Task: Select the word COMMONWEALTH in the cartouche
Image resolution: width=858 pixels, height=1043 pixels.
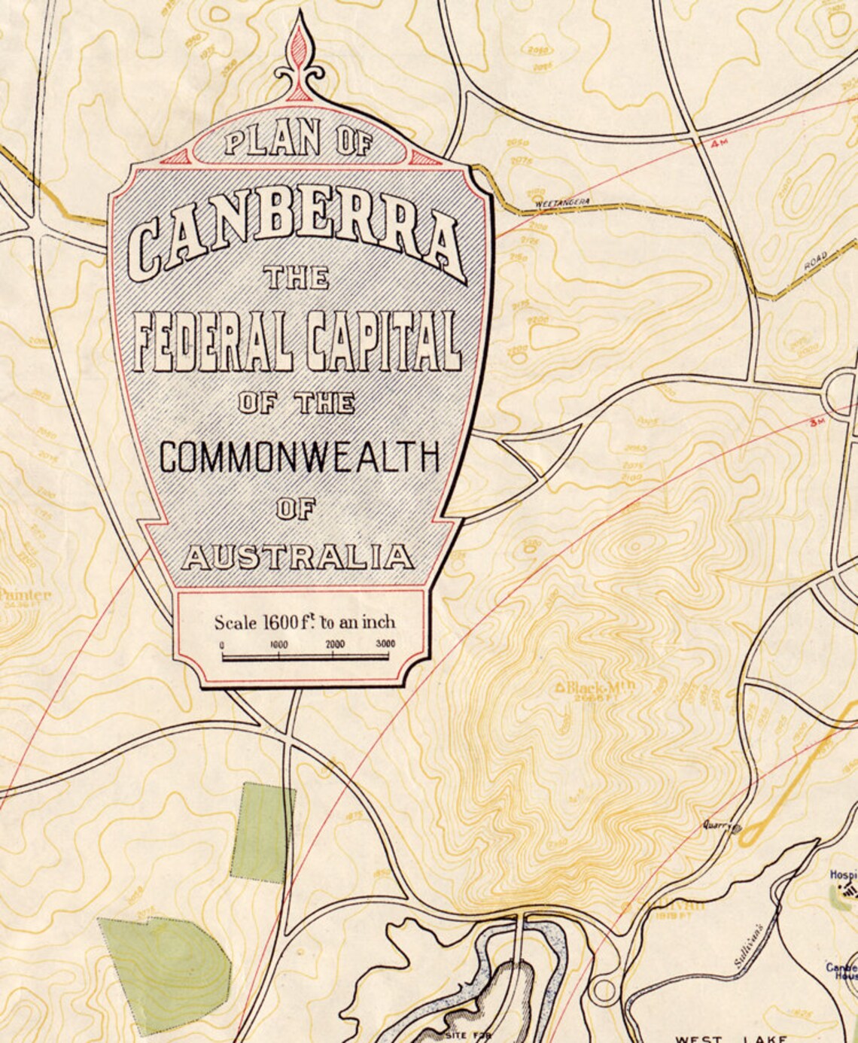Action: point(299,456)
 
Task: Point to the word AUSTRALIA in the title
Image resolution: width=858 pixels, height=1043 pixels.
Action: point(298,558)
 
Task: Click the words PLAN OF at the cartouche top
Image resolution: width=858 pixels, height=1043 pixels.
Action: point(298,141)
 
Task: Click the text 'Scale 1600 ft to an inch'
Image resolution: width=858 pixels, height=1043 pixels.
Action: point(304,622)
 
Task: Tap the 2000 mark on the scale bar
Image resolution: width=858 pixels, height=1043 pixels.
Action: point(335,645)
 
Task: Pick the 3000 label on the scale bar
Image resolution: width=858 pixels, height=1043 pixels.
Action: point(385,645)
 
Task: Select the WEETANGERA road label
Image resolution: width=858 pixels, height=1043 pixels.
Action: point(562,202)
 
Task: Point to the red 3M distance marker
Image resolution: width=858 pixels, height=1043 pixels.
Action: point(817,422)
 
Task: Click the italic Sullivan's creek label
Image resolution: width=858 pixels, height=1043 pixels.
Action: point(749,945)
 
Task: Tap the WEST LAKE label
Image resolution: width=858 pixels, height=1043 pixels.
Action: point(730,1038)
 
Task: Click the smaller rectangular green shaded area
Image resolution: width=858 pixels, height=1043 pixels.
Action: point(262,832)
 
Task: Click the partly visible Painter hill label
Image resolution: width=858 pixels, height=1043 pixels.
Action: point(26,595)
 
